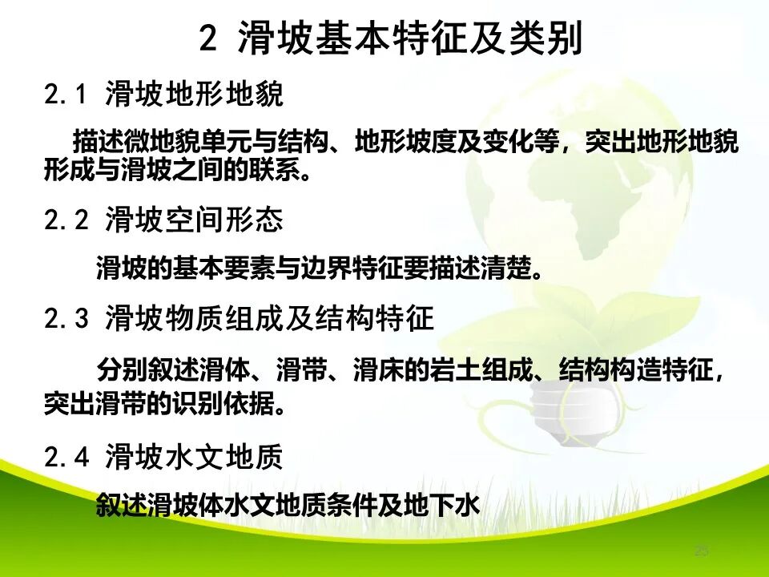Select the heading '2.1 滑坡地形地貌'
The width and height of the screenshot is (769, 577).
tap(164, 96)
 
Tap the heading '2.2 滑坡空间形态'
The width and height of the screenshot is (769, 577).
tap(164, 220)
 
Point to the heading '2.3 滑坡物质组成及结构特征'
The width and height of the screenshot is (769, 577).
tap(239, 319)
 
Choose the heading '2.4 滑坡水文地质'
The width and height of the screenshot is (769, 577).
tap(164, 458)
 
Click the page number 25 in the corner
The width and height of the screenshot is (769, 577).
tap(702, 551)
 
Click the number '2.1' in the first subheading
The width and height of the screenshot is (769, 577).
tap(65, 96)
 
